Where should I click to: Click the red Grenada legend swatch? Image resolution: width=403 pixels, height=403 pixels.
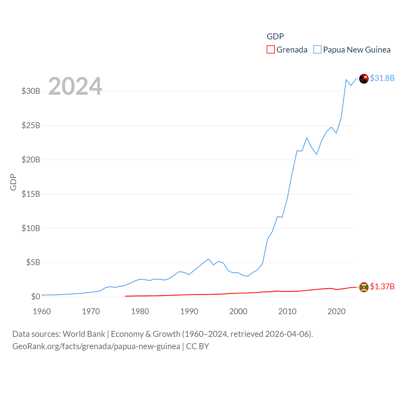270,50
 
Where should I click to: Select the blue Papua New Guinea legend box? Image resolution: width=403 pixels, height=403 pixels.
317,50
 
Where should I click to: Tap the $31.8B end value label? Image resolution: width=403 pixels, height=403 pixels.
382,78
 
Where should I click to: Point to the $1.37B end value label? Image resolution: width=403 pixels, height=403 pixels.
382,287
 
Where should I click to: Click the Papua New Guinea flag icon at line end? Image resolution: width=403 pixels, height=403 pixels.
364,79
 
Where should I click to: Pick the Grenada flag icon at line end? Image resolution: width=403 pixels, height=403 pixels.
364,287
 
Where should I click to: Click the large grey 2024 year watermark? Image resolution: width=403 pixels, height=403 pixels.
75,86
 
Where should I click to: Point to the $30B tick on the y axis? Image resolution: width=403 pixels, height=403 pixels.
31,91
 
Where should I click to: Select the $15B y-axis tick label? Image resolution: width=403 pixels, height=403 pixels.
31,194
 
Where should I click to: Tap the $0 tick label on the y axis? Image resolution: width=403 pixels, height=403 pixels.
36,297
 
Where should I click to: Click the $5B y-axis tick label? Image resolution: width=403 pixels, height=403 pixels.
33,262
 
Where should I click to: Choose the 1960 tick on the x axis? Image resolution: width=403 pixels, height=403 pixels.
42,311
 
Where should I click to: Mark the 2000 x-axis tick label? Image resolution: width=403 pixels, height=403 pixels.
238,311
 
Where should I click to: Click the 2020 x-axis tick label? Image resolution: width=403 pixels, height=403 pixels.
336,311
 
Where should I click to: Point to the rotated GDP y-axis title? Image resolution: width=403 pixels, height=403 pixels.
13,182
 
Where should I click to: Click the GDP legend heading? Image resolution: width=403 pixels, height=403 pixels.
275,37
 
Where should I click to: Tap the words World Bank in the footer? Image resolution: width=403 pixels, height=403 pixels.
84,334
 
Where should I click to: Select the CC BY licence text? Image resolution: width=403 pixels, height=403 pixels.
197,346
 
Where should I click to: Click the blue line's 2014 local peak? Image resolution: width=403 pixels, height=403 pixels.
307,138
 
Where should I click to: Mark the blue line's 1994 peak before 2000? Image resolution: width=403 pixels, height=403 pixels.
208,259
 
